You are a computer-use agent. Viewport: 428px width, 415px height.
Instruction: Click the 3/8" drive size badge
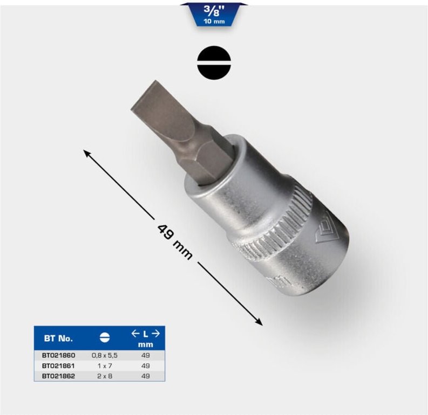coord(214,13)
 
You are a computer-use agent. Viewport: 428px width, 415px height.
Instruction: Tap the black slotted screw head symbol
coord(214,63)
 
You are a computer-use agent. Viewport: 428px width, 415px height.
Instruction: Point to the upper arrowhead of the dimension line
coord(86,153)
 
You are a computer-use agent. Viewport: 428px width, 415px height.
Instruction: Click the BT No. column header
coord(58,338)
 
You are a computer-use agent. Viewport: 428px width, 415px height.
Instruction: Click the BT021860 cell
coord(58,356)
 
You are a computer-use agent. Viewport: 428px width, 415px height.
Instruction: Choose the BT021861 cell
coord(58,365)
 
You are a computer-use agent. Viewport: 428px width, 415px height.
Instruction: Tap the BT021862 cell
coord(58,375)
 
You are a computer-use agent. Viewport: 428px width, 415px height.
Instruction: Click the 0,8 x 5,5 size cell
coord(105,356)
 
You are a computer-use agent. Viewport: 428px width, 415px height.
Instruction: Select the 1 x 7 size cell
coord(105,365)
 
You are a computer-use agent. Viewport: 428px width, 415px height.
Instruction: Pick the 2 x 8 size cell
coord(105,375)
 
